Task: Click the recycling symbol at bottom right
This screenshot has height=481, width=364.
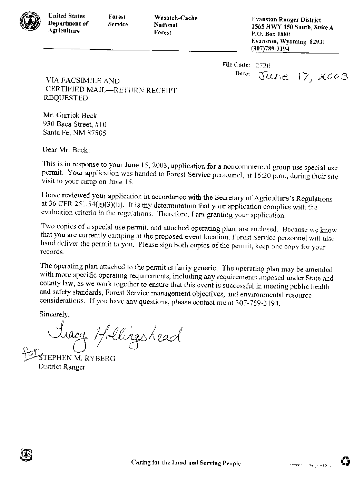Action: point(345,461)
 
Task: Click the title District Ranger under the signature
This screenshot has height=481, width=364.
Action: point(62,367)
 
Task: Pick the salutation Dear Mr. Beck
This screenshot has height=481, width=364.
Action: point(66,150)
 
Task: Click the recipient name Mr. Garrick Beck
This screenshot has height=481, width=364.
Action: point(70,116)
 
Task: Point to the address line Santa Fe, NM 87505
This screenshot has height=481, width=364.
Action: point(74,132)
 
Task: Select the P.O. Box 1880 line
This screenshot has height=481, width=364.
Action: point(271,35)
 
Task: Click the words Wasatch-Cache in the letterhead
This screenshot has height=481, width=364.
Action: point(176,18)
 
